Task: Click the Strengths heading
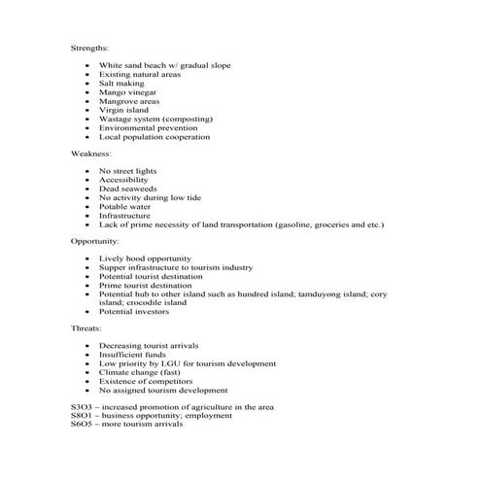point(89,47)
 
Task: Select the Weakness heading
point(90,154)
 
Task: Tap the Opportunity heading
point(94,240)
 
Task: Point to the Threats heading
point(86,328)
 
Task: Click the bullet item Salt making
point(121,84)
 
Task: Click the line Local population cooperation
point(154,137)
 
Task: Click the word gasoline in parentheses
point(292,224)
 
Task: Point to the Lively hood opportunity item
point(145,258)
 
